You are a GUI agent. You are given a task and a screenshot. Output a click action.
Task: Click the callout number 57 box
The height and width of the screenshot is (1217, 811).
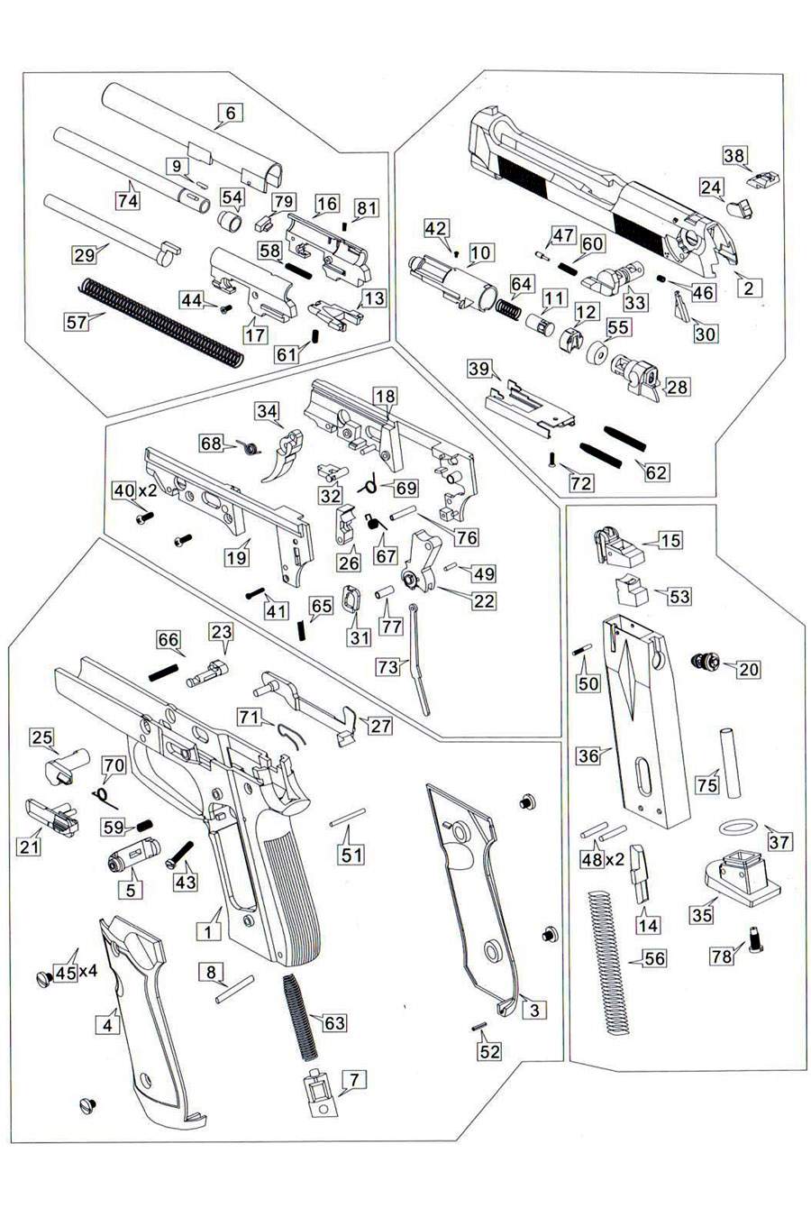click(x=77, y=320)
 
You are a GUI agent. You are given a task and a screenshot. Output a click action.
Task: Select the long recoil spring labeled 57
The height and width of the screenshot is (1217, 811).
click(x=162, y=320)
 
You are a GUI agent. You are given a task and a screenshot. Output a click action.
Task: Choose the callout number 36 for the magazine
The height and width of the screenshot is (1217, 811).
click(x=588, y=755)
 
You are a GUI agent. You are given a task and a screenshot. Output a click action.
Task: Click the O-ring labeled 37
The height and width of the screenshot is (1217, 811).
click(x=734, y=826)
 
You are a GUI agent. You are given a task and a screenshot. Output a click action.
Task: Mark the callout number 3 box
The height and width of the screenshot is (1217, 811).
click(x=534, y=1010)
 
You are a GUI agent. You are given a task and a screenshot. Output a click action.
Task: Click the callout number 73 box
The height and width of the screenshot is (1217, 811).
click(x=387, y=666)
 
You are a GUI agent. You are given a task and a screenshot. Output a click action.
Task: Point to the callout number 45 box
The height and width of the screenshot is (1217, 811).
click(x=65, y=973)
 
